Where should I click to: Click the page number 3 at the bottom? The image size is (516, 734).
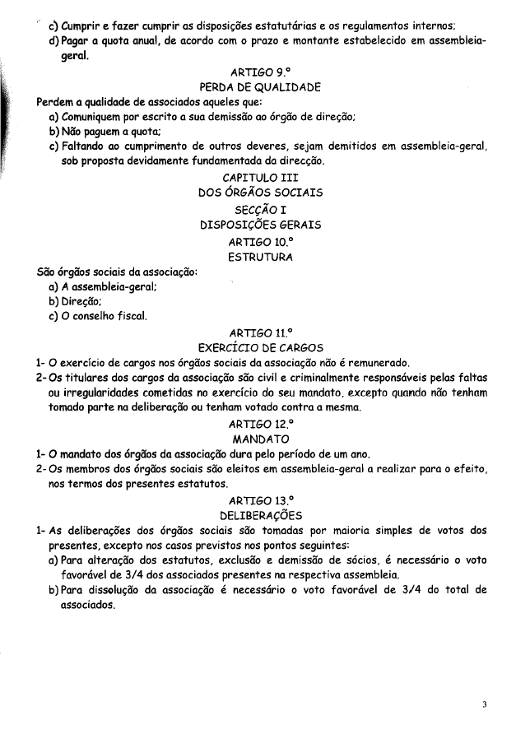[485, 704]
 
